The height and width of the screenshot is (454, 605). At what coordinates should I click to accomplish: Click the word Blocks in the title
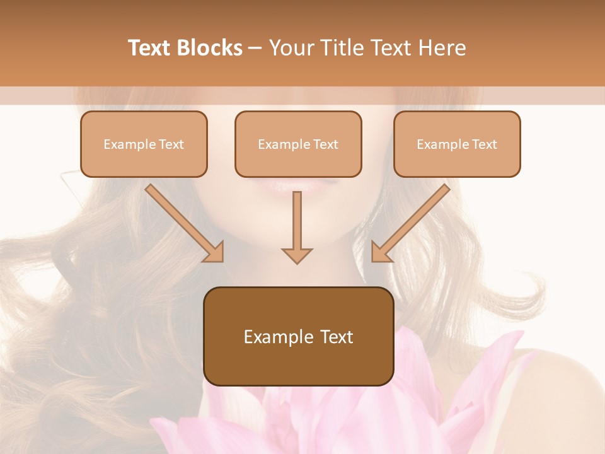coord(210,48)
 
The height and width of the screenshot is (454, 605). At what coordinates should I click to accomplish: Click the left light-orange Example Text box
coord(144,144)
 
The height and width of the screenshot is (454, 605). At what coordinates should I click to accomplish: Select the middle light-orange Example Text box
coord(298,144)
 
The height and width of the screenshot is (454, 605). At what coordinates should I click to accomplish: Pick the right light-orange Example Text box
coord(457,144)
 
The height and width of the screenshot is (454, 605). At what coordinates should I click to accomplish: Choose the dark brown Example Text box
coord(298,336)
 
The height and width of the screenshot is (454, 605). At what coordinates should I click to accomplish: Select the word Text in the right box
coord(484,144)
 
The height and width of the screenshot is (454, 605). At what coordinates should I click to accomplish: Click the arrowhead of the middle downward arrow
coord(297,255)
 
